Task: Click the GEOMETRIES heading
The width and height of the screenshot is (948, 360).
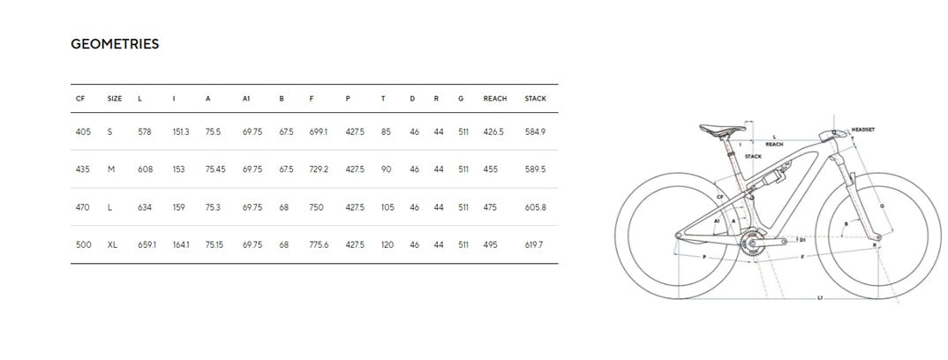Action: click(x=115, y=44)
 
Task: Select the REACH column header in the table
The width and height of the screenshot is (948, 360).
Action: click(x=495, y=99)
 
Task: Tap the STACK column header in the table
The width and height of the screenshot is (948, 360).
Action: click(x=535, y=99)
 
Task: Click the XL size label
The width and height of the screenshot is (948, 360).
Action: click(x=112, y=244)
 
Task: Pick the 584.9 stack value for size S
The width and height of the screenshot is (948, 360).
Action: click(x=535, y=131)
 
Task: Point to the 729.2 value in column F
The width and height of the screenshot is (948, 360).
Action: click(x=319, y=169)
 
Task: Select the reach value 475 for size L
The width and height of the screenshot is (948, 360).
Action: click(x=490, y=207)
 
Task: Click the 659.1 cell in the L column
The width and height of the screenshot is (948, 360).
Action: click(x=147, y=244)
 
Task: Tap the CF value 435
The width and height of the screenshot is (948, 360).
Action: click(x=83, y=169)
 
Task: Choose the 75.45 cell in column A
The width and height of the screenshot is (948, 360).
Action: click(x=215, y=169)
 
